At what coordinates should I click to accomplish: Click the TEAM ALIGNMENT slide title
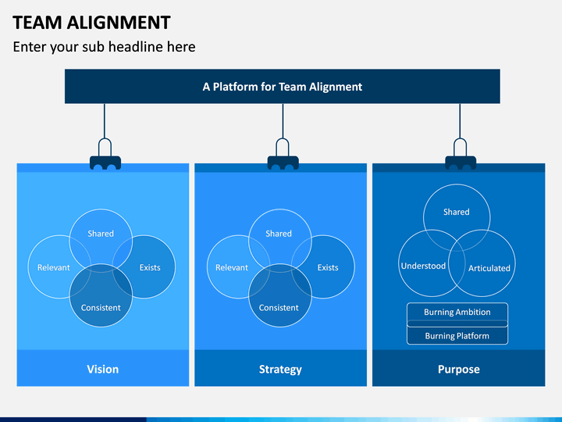(x=92, y=23)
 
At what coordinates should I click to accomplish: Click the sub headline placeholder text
(x=105, y=47)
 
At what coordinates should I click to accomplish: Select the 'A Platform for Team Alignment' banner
(x=283, y=87)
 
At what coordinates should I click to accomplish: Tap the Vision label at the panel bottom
(x=103, y=369)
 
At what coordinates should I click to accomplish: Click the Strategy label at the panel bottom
(x=280, y=370)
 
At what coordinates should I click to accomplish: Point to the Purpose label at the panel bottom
(x=459, y=370)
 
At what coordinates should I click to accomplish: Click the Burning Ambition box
(x=457, y=312)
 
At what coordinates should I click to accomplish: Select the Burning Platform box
(x=457, y=335)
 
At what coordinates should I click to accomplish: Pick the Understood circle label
(x=423, y=266)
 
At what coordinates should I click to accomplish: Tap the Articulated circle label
(x=489, y=268)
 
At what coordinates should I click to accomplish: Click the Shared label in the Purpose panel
(x=457, y=212)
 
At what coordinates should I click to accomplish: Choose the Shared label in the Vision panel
(x=101, y=234)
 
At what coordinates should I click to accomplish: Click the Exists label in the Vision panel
(x=150, y=267)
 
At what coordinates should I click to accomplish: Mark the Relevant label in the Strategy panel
(x=232, y=267)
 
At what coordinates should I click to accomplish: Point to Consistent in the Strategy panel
(x=279, y=308)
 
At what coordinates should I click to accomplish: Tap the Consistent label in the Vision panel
(x=101, y=308)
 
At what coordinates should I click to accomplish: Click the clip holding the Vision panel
(x=105, y=154)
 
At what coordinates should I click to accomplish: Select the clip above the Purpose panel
(x=461, y=154)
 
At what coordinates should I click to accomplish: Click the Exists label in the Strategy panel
(x=328, y=267)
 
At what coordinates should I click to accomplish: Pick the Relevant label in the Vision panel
(x=54, y=267)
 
